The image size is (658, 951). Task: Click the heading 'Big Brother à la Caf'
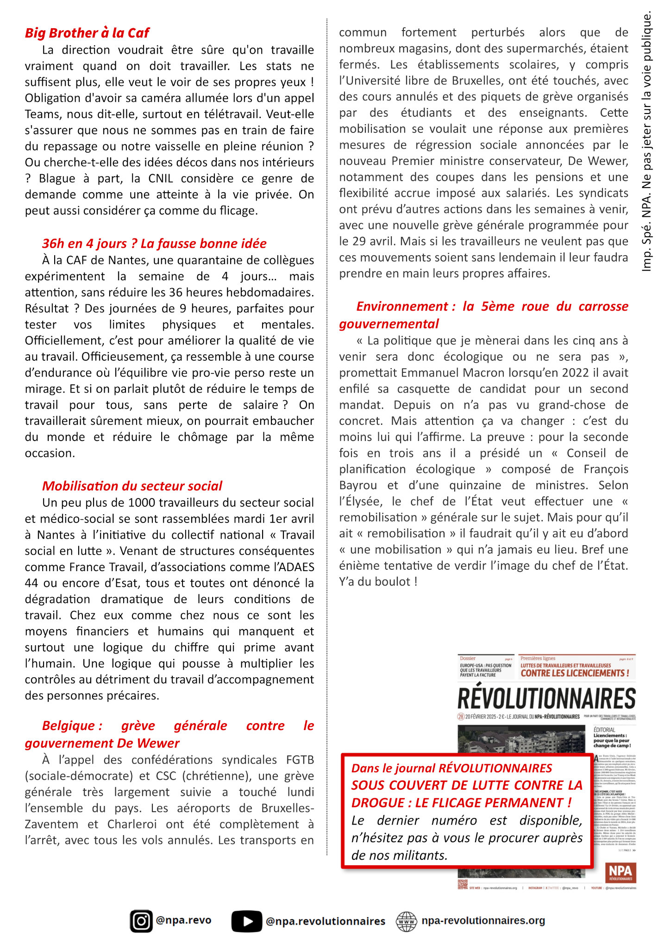(87, 33)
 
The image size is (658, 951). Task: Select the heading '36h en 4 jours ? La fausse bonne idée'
(154, 244)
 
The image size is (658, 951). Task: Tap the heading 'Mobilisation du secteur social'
(132, 486)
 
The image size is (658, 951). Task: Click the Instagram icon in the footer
(141, 921)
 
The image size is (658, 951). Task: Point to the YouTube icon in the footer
(246, 921)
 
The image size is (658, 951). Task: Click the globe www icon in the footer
(407, 921)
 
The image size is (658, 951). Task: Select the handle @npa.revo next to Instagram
(184, 920)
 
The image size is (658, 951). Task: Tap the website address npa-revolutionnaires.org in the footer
(483, 920)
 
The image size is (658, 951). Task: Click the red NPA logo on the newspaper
(620, 872)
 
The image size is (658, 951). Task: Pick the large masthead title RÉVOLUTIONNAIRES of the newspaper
(546, 698)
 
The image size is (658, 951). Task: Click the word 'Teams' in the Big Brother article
(42, 114)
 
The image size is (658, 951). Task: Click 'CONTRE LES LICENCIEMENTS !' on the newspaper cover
(575, 673)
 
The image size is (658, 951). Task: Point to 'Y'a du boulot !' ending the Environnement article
(378, 582)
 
